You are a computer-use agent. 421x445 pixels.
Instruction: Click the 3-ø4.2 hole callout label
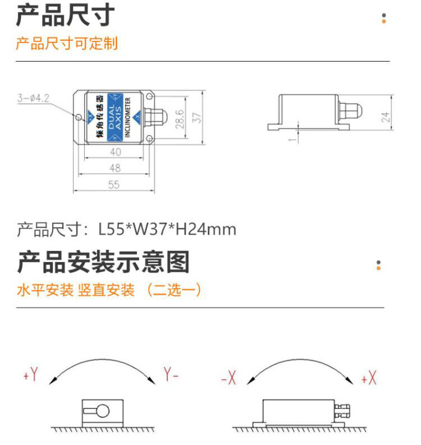pos(33,98)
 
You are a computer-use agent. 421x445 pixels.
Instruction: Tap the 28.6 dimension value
pos(180,119)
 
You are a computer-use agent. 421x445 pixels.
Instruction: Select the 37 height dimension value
pos(196,117)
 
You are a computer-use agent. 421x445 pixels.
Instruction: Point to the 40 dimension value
pos(116,152)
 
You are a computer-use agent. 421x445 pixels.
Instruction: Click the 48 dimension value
pos(115,168)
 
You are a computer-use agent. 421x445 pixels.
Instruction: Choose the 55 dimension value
pos(114,185)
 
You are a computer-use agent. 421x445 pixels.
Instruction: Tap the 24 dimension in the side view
pos(385,117)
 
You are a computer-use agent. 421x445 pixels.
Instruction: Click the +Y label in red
pos(31,374)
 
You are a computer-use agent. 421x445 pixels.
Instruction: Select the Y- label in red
pos(171,374)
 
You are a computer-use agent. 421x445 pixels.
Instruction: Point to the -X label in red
pos(228,378)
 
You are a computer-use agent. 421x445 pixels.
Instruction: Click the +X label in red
pos(369,378)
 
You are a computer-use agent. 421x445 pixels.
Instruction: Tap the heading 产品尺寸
pos(65,15)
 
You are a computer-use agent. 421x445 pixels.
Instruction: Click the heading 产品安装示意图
pos(103,262)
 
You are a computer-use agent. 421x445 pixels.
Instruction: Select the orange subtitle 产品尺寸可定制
pos(67,43)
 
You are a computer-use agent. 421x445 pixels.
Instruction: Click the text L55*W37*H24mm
pos(167,230)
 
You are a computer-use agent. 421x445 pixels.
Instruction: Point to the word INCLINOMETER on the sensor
pos(127,117)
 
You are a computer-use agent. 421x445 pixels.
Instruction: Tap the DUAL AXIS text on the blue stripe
pos(115,117)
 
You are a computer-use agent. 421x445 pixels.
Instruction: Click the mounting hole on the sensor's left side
pos(78,117)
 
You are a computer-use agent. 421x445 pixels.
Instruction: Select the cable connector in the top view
pos(155,116)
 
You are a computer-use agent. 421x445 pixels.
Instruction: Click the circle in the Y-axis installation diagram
pos(103,411)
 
